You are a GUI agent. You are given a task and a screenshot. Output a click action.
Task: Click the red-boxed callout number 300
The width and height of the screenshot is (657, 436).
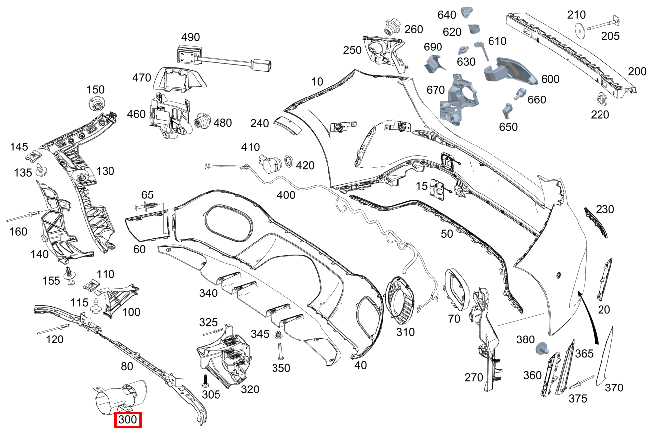tap(128, 420)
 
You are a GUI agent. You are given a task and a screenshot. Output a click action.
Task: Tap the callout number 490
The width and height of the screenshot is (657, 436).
tap(190, 37)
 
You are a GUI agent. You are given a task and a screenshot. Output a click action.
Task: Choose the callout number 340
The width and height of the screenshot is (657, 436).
tap(208, 293)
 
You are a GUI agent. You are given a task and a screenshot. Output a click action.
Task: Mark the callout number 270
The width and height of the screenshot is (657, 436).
tap(474, 378)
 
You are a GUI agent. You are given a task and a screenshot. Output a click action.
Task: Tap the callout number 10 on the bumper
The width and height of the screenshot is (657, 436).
tap(317, 81)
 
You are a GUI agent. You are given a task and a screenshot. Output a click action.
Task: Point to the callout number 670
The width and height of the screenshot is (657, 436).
tap(436, 90)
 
